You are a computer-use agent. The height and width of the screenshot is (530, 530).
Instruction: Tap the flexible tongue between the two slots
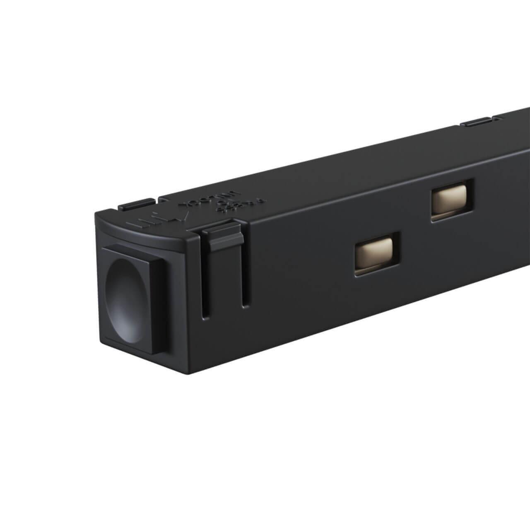coord(226,282)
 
